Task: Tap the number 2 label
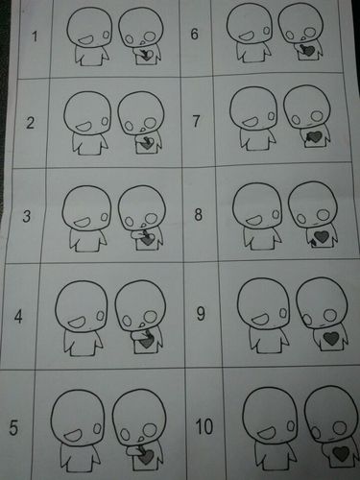pyautogui.click(x=31, y=123)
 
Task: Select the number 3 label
pyautogui.click(x=31, y=217)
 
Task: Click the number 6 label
pyautogui.click(x=195, y=34)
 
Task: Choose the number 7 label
pyautogui.click(x=197, y=123)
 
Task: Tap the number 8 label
pyautogui.click(x=199, y=213)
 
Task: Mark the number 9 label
pyautogui.click(x=201, y=312)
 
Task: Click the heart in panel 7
pyautogui.click(x=313, y=137)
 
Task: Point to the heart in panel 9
pyautogui.click(x=330, y=339)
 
